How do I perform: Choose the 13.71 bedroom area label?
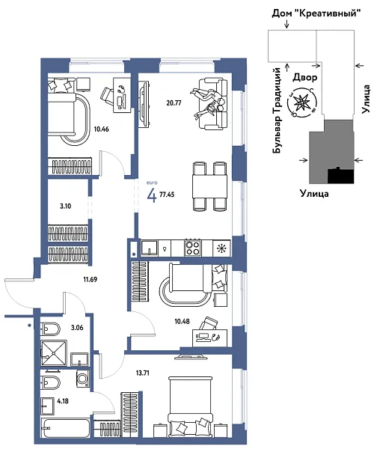coord(142,372)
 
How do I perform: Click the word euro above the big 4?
coord(153,183)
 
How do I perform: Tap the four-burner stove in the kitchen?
coord(192,248)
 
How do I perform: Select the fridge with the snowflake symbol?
coord(221,248)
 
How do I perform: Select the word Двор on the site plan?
coord(306,76)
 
